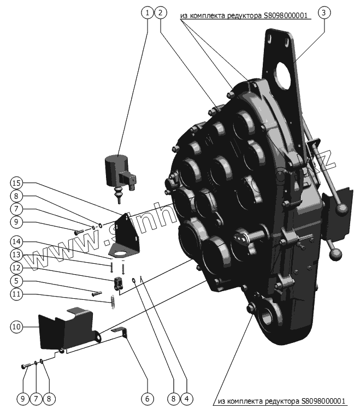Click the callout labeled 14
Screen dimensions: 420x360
tap(16, 242)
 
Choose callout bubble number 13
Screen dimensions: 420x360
tap(16, 255)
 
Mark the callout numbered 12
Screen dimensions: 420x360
tap(16, 268)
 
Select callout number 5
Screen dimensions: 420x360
tap(16, 282)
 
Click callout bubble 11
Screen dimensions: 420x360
tap(16, 295)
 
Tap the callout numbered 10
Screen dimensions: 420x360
tap(16, 327)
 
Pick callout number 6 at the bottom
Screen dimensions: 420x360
tap(146, 399)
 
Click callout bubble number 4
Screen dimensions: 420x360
tap(186, 399)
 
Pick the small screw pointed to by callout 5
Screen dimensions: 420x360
tap(97, 294)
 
